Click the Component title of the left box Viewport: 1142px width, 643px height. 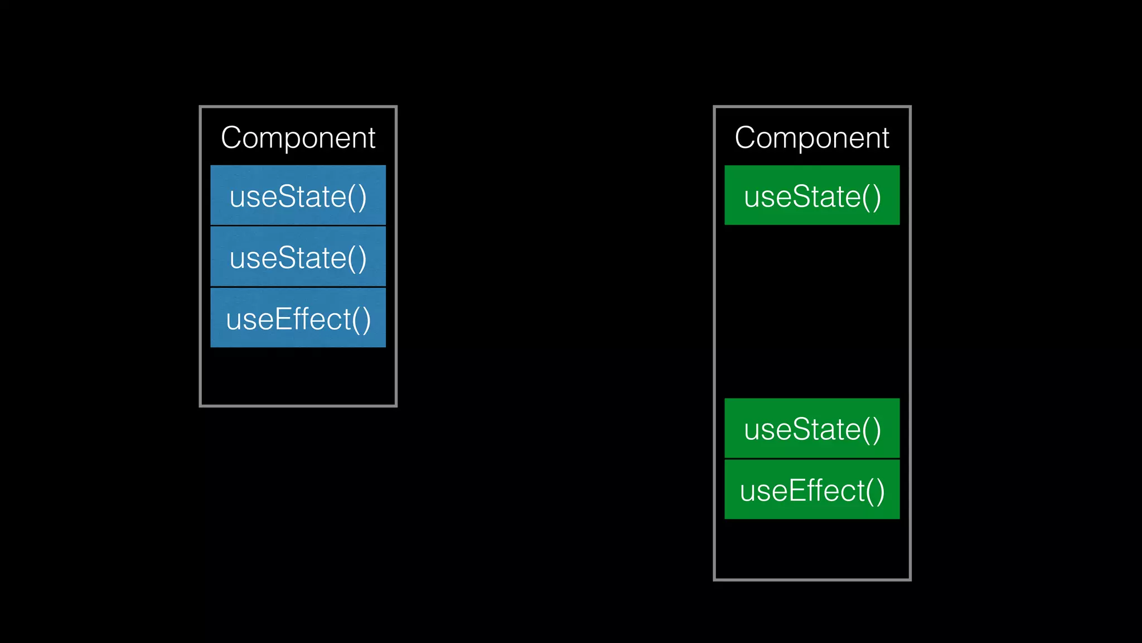tap(298, 138)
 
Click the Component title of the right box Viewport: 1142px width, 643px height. tap(811, 138)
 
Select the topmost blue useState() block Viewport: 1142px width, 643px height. tap(298, 196)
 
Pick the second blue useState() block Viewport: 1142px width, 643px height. tap(298, 257)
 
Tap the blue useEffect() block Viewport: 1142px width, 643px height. tap(298, 319)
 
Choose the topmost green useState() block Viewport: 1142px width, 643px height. tap(811, 196)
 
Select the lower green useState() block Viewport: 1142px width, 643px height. tap(811, 429)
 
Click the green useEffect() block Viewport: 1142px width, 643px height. tap(811, 490)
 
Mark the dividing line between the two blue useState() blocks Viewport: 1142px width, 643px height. tap(298, 225)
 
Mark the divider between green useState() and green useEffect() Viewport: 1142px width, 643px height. tap(811, 459)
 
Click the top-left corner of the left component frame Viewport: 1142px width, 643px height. tap(201, 107)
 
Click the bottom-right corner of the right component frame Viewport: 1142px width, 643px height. tap(909, 579)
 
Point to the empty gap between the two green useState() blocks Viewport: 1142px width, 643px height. tap(811, 311)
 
